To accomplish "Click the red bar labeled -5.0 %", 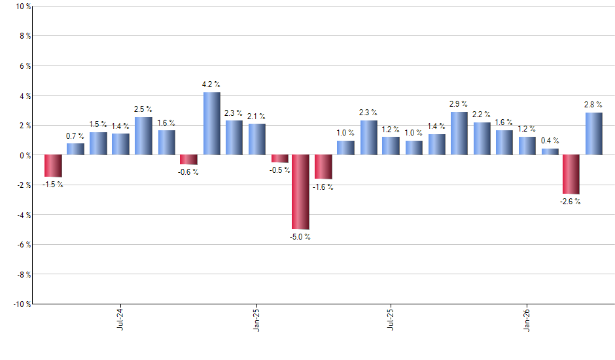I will (300, 192).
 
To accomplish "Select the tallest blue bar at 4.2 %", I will (211, 124).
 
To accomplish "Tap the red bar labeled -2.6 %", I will (571, 174).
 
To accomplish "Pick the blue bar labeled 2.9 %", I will (459, 134).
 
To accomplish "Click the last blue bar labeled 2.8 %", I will (593, 134).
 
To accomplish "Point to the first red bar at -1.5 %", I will (53, 166).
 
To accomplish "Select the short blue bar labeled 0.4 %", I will (550, 152).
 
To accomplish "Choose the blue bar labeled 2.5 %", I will (143, 136).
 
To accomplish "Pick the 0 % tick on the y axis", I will (25, 155).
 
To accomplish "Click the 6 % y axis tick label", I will (25, 66).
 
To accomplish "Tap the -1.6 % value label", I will (323, 187).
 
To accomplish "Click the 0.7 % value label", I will (76, 135).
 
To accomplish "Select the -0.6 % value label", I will (188, 172).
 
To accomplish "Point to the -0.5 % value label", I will (279, 170).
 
